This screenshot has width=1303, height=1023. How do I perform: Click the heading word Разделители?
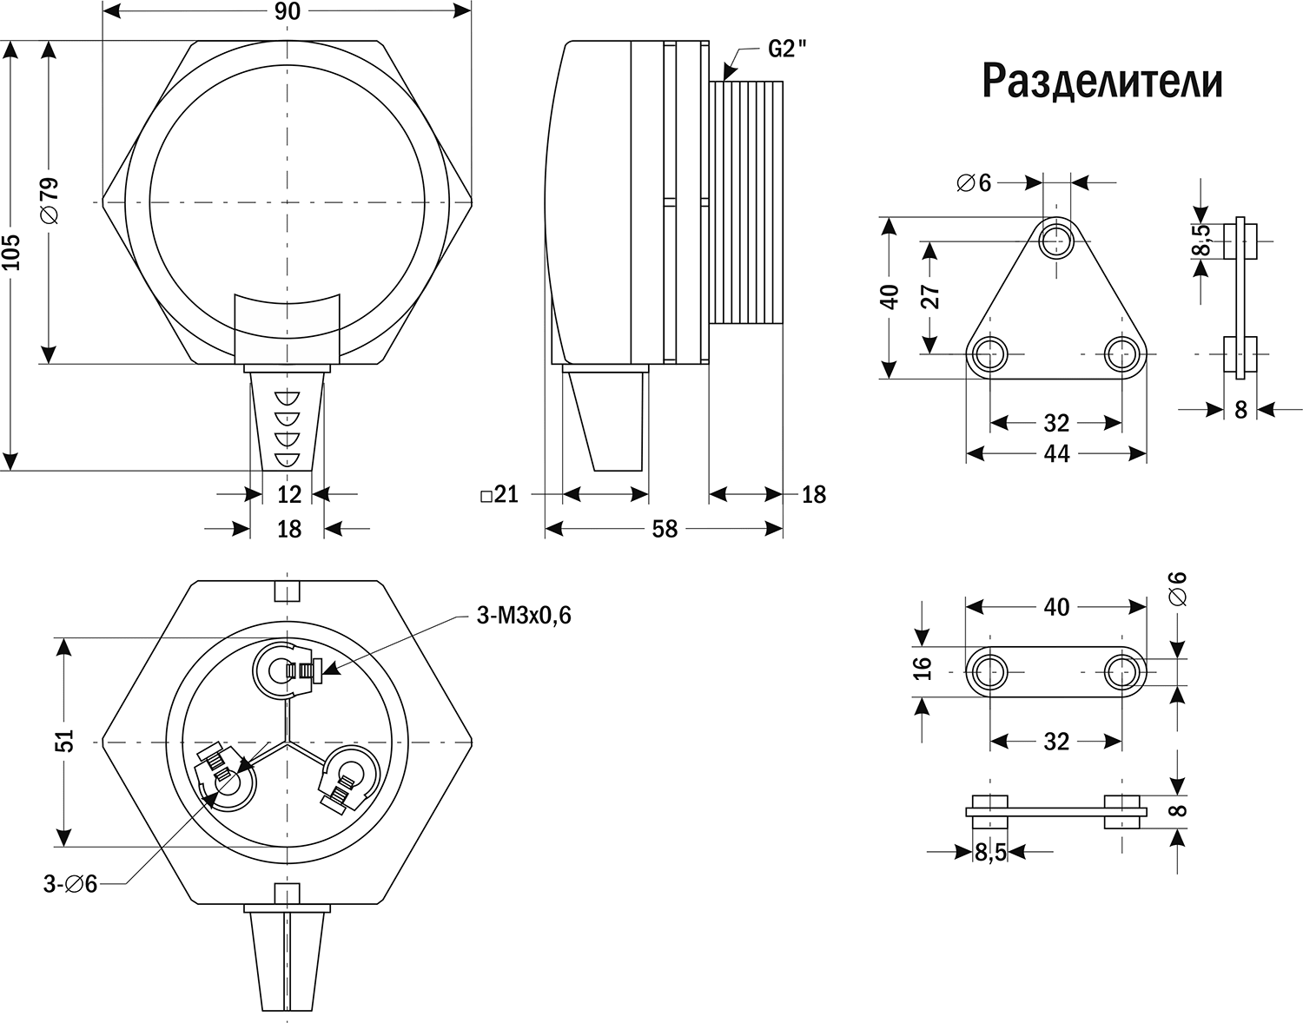point(1102,81)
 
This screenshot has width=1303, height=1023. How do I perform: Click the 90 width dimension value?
point(288,11)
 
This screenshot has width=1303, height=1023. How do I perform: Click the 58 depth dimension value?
point(664,528)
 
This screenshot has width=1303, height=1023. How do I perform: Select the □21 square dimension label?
point(499,494)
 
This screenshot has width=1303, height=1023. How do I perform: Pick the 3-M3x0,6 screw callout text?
point(524,616)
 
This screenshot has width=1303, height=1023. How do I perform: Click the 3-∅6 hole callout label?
point(71,884)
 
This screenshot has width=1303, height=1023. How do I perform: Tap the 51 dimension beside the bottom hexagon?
point(64,742)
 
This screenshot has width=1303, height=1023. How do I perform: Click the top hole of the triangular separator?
point(1056,236)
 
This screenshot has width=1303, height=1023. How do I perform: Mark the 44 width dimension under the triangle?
point(1056,453)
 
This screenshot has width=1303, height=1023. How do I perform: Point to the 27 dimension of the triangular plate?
point(930,296)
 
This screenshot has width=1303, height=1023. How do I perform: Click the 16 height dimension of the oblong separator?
point(923,668)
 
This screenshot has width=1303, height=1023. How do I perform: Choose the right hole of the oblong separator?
point(1123,671)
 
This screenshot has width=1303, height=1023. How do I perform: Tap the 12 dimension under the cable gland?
point(288,494)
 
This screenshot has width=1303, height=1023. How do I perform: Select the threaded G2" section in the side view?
point(747,201)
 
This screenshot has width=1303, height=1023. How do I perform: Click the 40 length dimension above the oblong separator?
point(1056,607)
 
